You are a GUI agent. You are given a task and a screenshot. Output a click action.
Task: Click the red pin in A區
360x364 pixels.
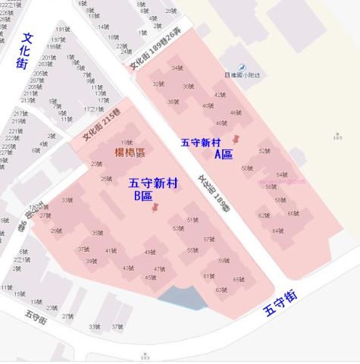point(236,140)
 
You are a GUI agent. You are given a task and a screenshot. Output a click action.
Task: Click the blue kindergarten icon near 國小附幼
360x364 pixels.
point(243,67)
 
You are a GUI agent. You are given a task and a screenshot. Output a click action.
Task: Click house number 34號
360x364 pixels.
point(177,68)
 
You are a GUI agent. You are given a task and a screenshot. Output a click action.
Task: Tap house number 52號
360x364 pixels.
point(264,151)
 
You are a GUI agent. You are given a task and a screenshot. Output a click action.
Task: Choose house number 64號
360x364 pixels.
point(277,231)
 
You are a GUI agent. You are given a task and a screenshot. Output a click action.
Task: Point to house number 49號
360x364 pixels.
point(150,253)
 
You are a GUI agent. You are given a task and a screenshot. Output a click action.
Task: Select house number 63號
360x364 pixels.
point(221,290)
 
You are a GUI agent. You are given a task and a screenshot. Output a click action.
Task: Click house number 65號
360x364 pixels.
point(238,280)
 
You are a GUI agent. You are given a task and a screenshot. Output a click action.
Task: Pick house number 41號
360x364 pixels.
point(111,251)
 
